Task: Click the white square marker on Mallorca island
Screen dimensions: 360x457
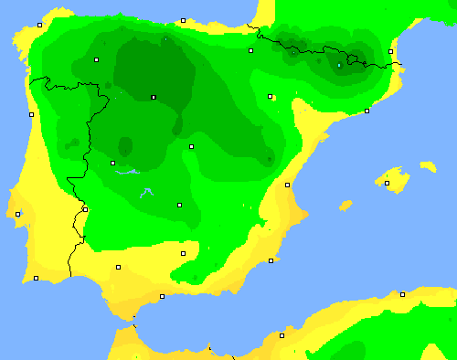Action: [x=387, y=183]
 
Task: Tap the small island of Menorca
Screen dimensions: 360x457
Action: [x=428, y=166]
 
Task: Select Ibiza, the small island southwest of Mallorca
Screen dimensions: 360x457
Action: [x=345, y=205]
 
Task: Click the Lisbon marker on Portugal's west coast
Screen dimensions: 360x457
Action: [x=18, y=214]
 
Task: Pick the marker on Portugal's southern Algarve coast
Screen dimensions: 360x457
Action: [x=37, y=278]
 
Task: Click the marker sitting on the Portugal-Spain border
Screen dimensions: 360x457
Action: [x=85, y=209]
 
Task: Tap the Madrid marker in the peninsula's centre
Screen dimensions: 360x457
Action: [x=191, y=146]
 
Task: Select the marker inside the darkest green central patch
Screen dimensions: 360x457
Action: [x=154, y=97]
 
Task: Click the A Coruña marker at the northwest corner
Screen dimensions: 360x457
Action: [x=38, y=26]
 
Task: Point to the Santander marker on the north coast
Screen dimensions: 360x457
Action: [x=183, y=20]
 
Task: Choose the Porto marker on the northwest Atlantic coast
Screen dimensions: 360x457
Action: [x=31, y=114]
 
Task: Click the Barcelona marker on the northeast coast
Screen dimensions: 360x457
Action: [x=367, y=111]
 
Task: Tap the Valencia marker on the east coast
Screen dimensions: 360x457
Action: [x=288, y=185]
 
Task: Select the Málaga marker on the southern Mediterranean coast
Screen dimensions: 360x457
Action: [x=163, y=296]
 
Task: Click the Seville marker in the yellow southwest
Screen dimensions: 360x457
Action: [x=118, y=267]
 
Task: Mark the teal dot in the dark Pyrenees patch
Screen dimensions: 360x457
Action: [x=339, y=65]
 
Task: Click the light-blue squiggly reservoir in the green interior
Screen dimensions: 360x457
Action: [x=145, y=193]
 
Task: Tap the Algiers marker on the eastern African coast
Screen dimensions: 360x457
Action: [x=402, y=294]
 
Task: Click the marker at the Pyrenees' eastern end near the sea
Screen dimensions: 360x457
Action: [x=391, y=51]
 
